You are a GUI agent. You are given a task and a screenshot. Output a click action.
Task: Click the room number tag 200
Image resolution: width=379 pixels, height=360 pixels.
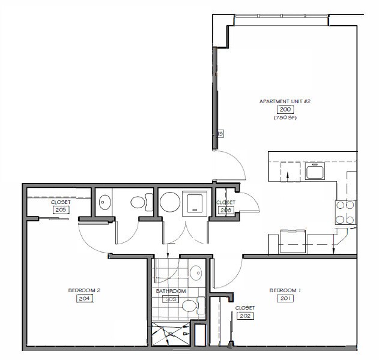[x=284, y=110]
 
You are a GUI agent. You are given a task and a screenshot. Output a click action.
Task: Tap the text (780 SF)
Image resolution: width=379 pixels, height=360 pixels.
[x=284, y=118]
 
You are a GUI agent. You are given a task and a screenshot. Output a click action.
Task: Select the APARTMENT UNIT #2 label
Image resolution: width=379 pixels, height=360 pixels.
[x=284, y=101]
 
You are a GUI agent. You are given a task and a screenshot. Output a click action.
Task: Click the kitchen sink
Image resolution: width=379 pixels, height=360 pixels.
[x=315, y=173]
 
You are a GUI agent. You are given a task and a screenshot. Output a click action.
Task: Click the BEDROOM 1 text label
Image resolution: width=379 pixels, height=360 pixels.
[x=285, y=290]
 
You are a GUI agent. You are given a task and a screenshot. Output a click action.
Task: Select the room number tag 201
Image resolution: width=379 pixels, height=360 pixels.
[x=285, y=298]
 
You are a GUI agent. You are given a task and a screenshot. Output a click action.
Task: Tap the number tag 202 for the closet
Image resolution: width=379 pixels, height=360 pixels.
[x=244, y=316]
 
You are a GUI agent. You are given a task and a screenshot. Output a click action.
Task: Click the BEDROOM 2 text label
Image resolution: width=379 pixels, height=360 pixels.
[x=83, y=290]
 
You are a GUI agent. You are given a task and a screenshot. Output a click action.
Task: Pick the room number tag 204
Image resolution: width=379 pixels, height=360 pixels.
[x=83, y=298]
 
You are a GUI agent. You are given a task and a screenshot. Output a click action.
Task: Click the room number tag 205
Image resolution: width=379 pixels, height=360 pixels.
[x=60, y=211]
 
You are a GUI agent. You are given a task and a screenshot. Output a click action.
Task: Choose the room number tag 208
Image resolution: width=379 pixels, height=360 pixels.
[x=226, y=211]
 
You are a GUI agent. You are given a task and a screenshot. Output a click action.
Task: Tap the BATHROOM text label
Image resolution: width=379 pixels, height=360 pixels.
[x=171, y=291]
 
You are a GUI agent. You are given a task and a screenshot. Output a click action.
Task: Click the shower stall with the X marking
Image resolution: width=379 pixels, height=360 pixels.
[x=170, y=334]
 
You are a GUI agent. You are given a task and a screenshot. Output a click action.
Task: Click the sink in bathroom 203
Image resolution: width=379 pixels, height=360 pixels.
[x=196, y=274]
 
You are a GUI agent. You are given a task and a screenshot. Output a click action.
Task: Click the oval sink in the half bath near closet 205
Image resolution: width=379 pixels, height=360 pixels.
[x=104, y=203]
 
